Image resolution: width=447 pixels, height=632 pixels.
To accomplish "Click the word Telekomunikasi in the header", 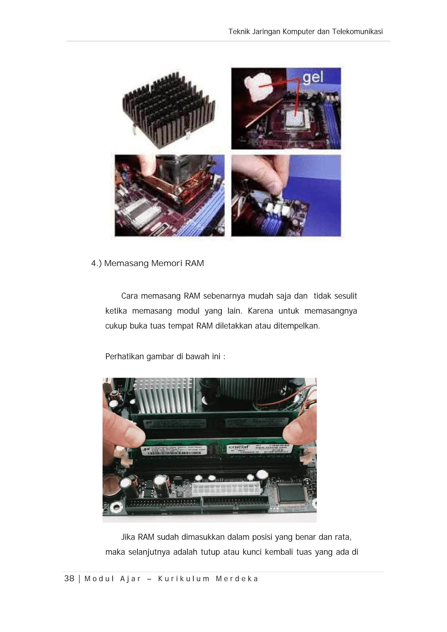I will [x=357, y=32].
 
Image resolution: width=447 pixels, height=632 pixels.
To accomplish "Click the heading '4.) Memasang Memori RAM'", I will [x=148, y=263].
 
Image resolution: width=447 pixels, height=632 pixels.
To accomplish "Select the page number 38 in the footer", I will [x=69, y=579].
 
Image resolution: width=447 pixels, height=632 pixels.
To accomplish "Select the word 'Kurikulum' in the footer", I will [x=184, y=579].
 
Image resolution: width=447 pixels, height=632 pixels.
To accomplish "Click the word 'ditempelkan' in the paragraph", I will [x=296, y=326].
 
